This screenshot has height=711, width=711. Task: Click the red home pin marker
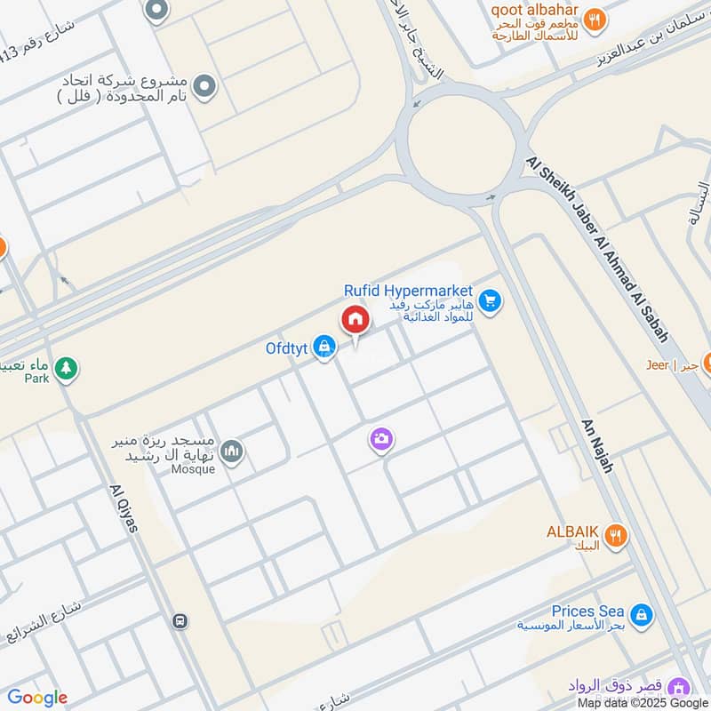355,319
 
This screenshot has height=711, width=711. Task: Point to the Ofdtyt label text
286,348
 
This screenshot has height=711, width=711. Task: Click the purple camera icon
382,439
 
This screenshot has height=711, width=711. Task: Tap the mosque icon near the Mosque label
231,452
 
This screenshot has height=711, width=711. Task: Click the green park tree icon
65,367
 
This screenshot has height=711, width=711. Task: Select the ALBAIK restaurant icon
615,535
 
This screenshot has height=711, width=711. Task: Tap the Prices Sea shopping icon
639,614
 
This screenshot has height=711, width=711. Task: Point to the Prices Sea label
587,611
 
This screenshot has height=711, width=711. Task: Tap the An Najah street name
596,445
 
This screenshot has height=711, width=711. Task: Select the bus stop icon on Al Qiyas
181,620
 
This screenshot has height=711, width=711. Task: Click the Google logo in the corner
37,698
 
